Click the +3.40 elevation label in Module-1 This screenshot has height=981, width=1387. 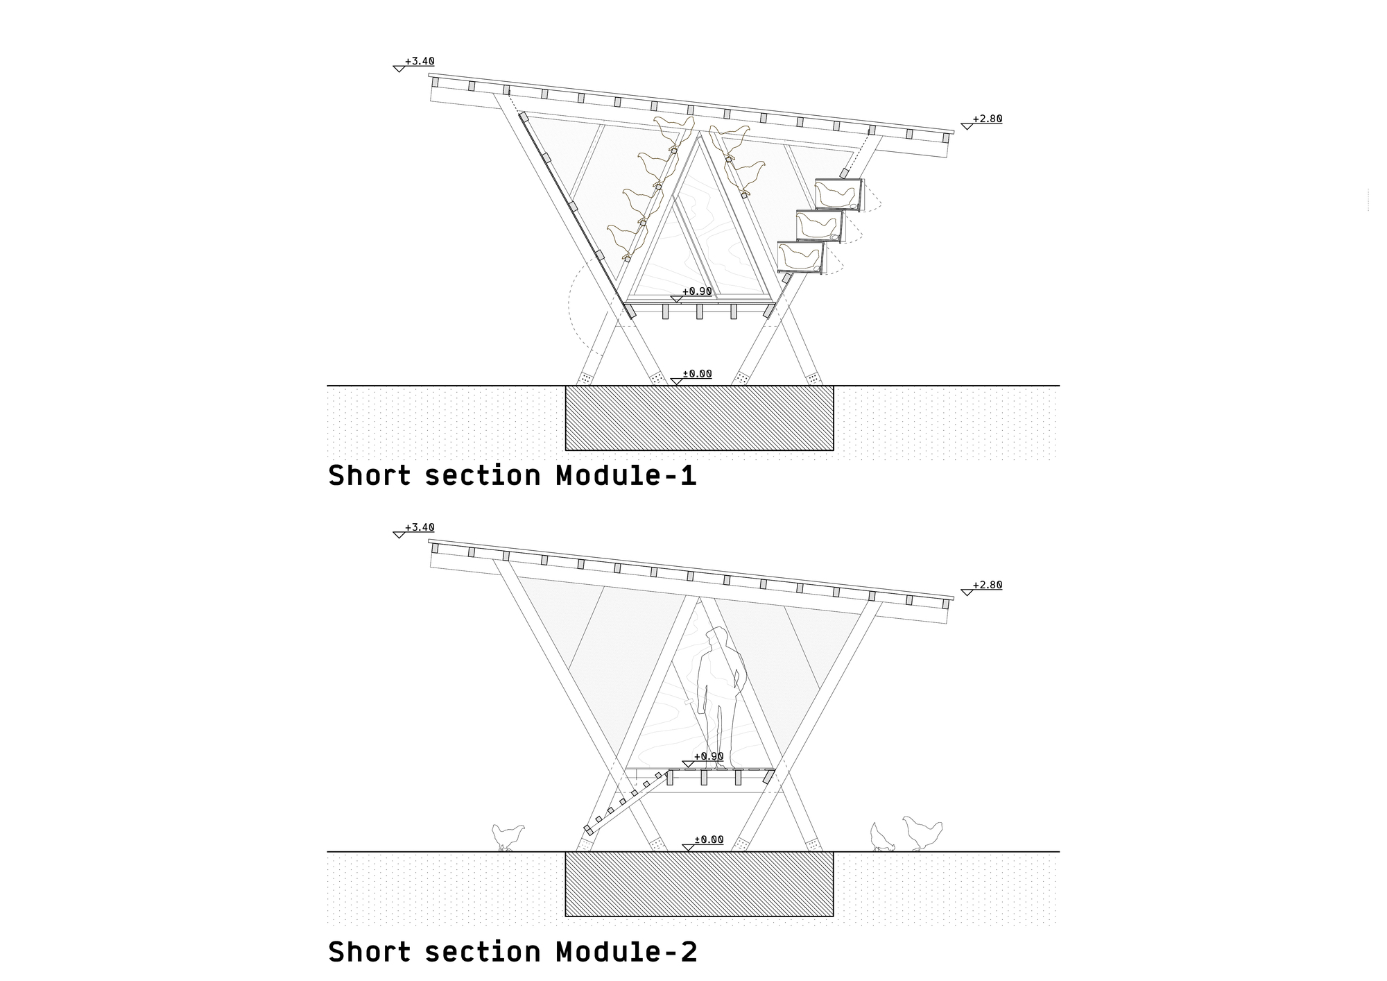[x=420, y=62]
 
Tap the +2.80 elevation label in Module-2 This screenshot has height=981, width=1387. [x=987, y=586]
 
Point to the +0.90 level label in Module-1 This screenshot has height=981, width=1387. [x=697, y=291]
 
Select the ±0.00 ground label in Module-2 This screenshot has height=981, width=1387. [x=708, y=839]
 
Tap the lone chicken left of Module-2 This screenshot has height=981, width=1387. [x=508, y=836]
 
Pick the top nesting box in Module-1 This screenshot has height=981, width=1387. [x=838, y=195]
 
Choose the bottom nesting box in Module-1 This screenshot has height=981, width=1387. [x=801, y=257]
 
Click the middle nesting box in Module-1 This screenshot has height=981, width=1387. [x=819, y=226]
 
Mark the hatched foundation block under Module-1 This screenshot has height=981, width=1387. [x=699, y=418]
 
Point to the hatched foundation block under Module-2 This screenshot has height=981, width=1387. [x=699, y=884]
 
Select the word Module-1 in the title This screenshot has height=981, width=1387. [x=626, y=476]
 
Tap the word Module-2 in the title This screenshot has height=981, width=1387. [x=626, y=952]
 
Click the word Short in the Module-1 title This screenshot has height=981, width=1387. [x=369, y=476]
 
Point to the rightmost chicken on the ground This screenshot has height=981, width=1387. [x=922, y=833]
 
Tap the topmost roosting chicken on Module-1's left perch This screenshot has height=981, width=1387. [x=673, y=130]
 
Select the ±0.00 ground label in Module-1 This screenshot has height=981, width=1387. [x=697, y=374]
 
